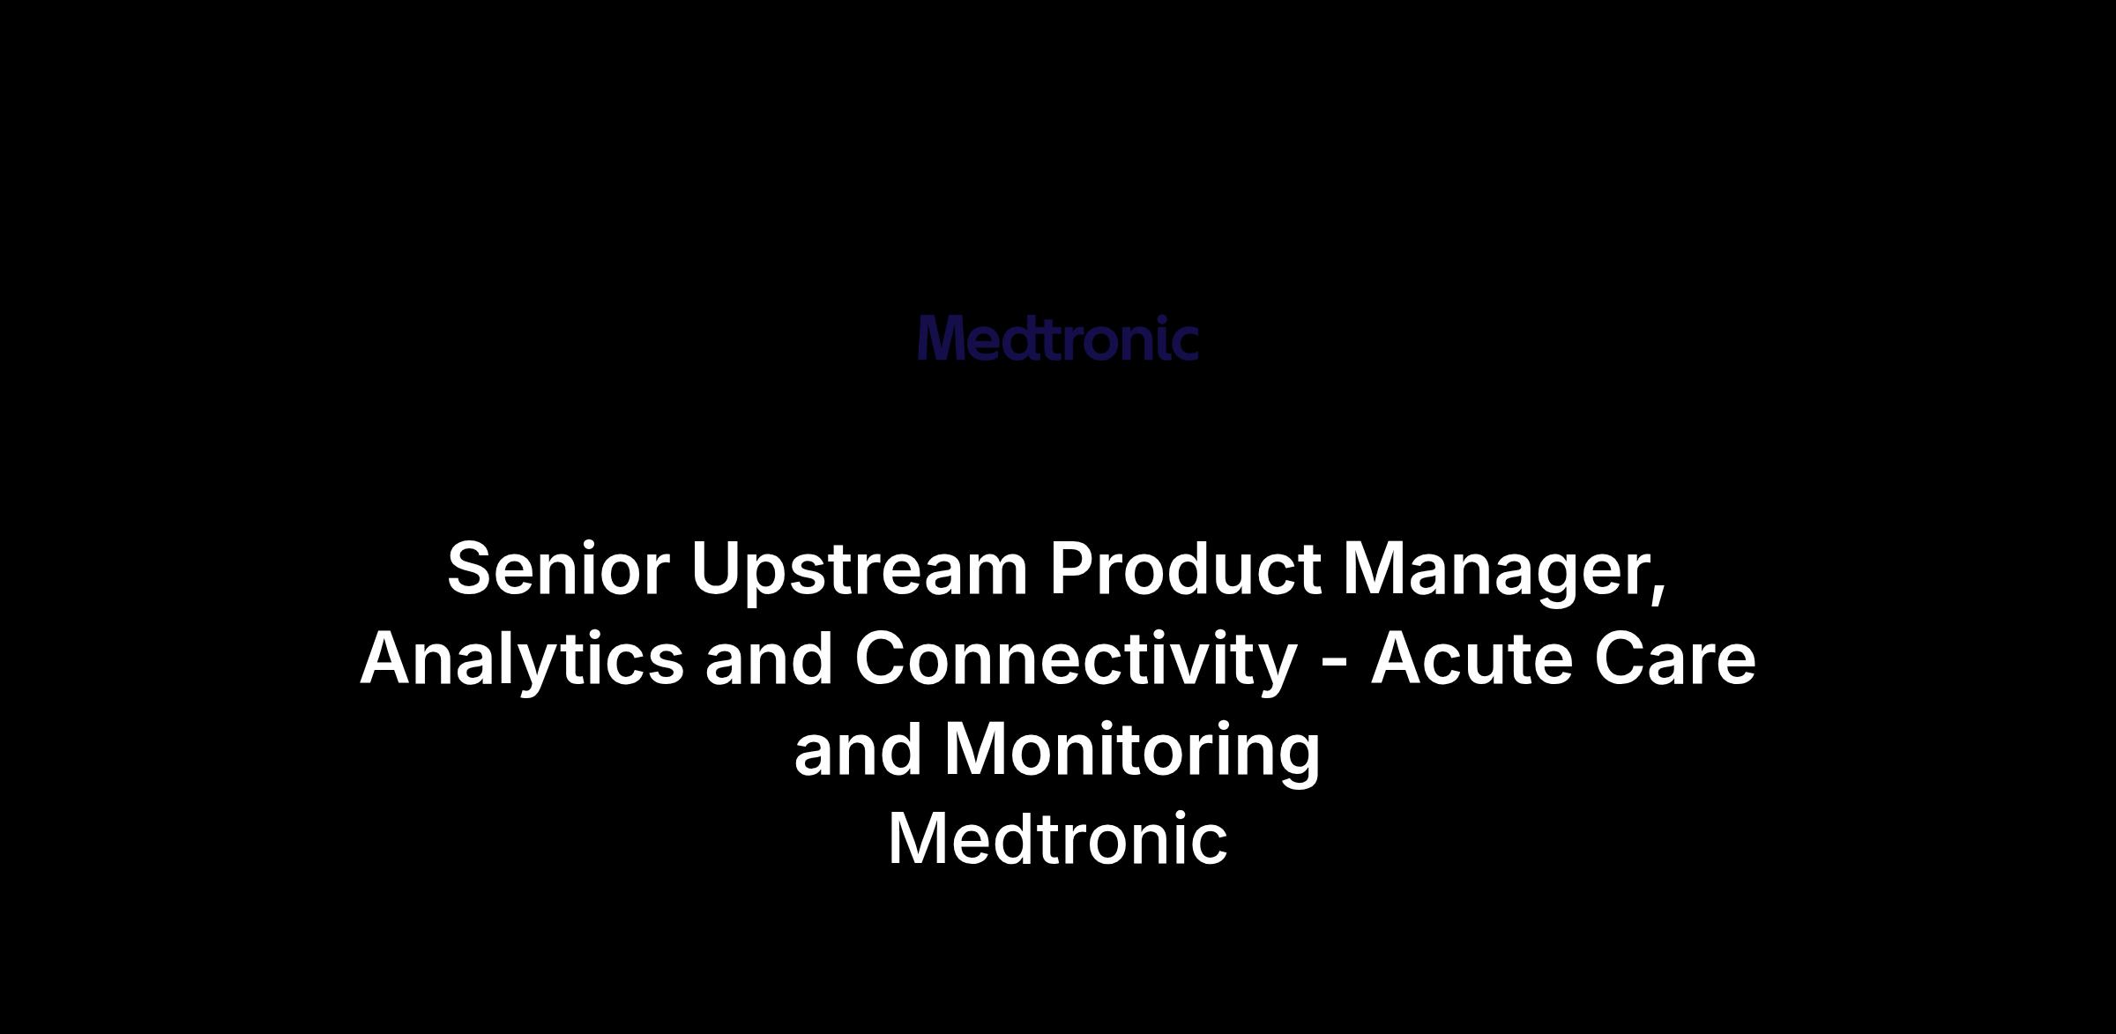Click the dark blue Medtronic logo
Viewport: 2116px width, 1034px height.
[x=1058, y=338]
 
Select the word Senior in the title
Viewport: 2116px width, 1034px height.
[x=558, y=569]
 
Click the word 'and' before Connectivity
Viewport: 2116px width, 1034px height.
[x=769, y=658]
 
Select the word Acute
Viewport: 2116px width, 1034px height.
[x=1472, y=659]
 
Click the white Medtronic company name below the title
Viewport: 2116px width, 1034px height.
[x=1058, y=838]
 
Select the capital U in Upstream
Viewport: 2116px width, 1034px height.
[x=715, y=569]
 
